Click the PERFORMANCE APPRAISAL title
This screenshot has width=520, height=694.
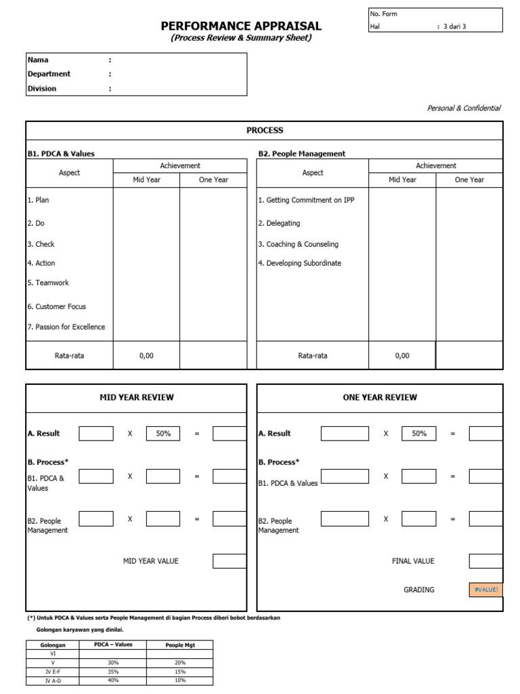(x=241, y=26)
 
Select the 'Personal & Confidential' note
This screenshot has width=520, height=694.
(x=463, y=108)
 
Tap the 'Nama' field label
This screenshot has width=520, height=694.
(x=38, y=60)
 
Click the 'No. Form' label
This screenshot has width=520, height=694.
(x=384, y=14)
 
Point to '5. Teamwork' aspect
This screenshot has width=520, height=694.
(x=48, y=283)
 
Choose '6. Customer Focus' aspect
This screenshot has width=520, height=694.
(x=57, y=306)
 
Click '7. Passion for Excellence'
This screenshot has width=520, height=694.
(x=66, y=327)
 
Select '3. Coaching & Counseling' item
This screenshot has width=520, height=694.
(x=298, y=244)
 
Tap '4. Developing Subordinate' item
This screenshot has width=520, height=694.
(x=299, y=263)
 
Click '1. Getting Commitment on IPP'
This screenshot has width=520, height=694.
(x=305, y=200)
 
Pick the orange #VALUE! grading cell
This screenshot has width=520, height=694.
(x=485, y=590)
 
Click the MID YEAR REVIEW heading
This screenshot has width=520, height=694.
(x=136, y=397)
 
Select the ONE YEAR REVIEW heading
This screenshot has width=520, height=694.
(x=380, y=397)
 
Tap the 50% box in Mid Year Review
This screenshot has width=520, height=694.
(x=163, y=433)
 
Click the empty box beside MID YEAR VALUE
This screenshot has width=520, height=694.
(x=230, y=561)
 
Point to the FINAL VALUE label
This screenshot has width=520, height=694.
(x=413, y=561)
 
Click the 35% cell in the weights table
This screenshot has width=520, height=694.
(x=113, y=672)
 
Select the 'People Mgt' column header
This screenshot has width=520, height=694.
(x=179, y=645)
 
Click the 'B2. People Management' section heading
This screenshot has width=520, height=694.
(x=301, y=154)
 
